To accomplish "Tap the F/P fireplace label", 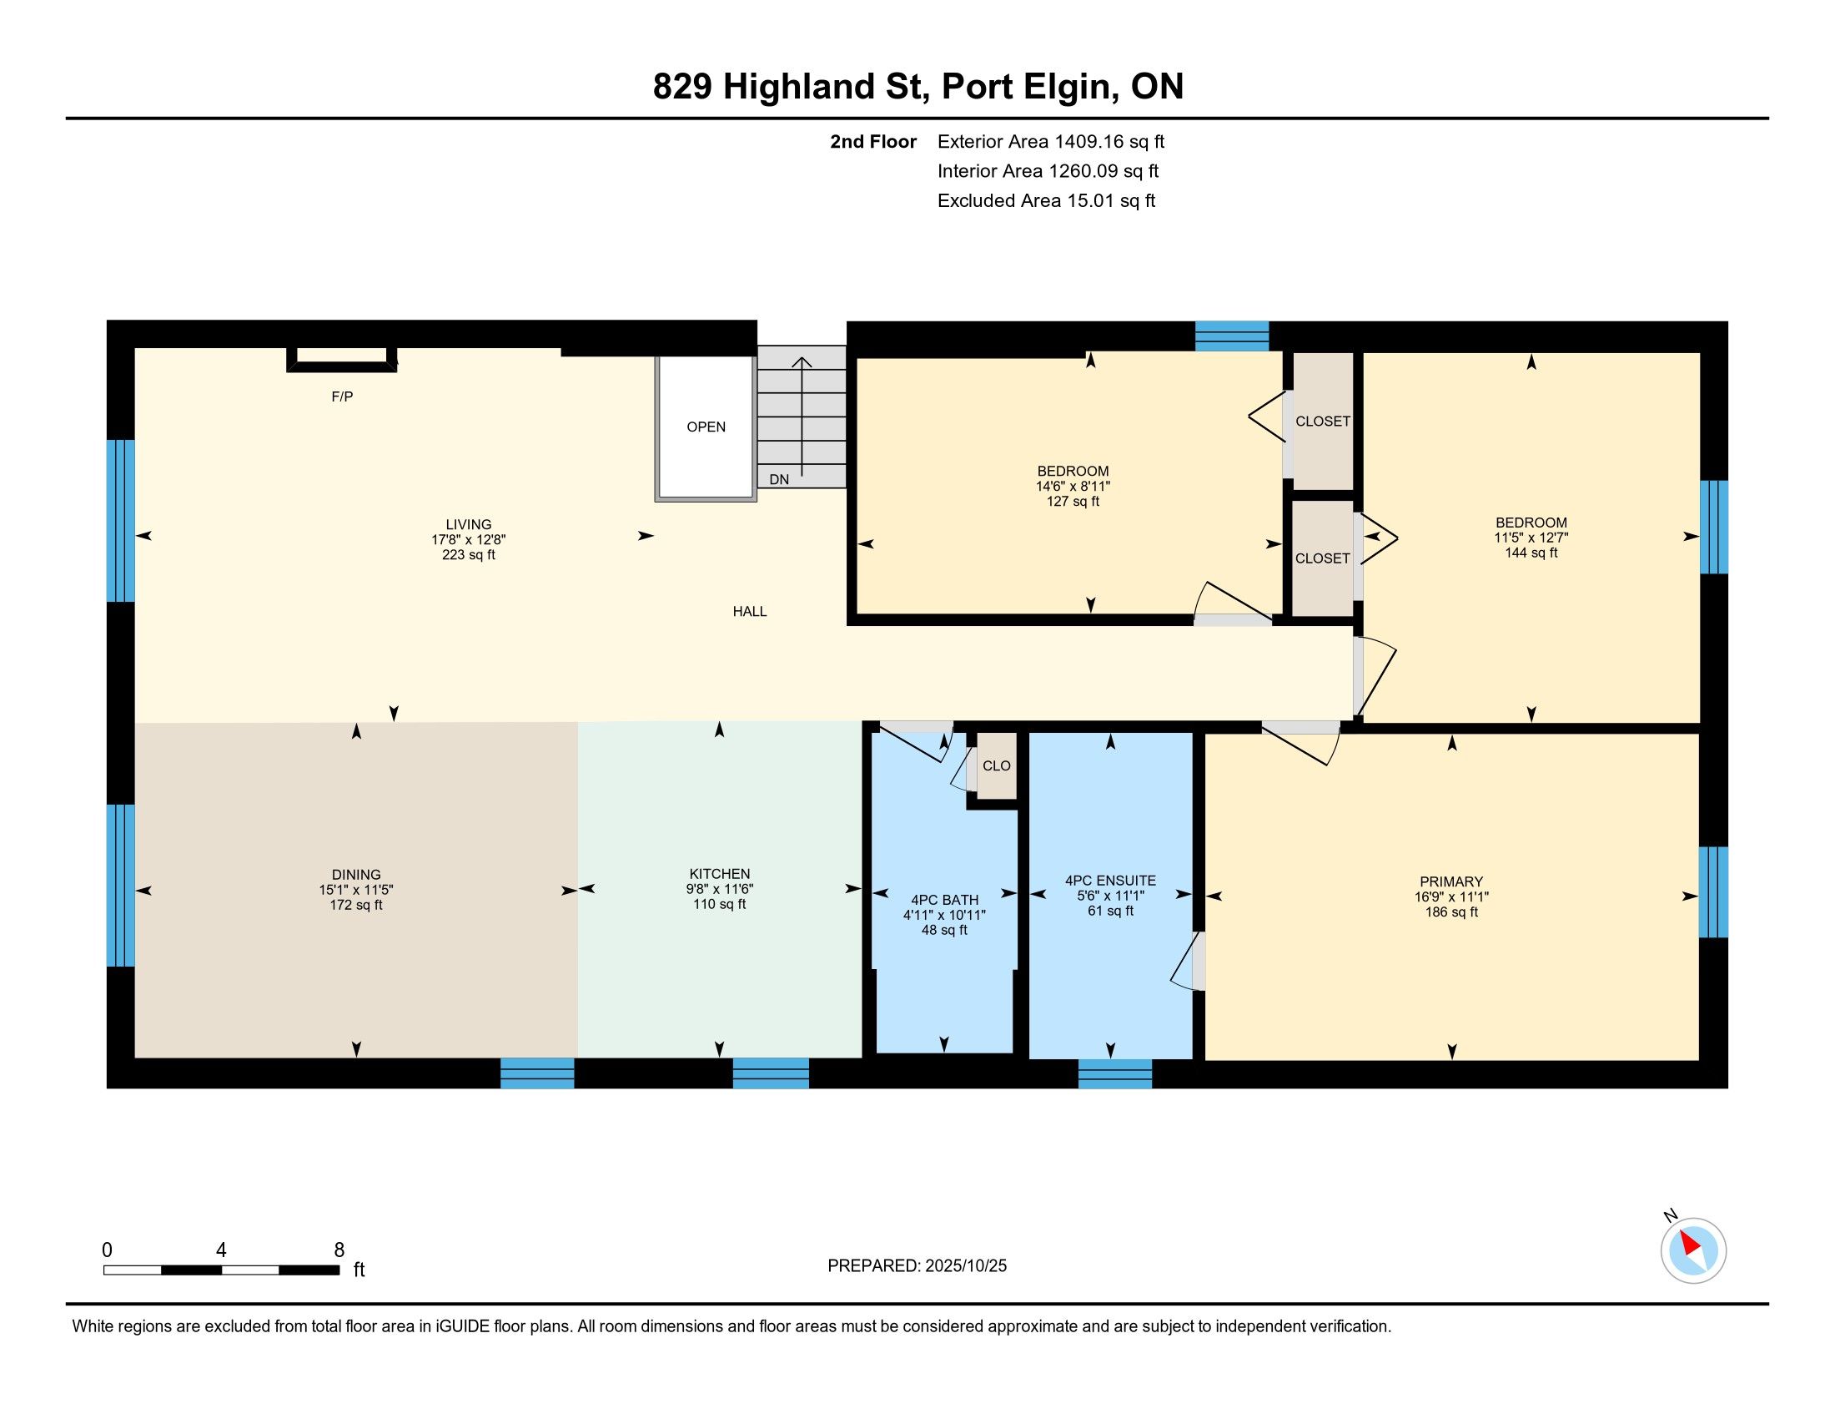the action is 342,396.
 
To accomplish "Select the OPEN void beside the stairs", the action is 706,427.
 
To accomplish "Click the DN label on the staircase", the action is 779,479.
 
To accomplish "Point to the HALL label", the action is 750,611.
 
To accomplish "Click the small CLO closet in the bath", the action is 997,765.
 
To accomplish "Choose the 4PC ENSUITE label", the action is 1111,880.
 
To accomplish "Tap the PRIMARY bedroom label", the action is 1451,881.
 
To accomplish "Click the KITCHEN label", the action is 719,873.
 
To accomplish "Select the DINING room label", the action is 356,874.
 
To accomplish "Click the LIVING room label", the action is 469,524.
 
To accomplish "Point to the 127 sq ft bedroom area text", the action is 1073,502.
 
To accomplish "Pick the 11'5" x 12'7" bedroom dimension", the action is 1531,538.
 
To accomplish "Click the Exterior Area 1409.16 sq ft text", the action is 1051,141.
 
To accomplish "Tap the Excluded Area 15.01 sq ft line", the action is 1046,200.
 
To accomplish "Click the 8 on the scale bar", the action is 339,1250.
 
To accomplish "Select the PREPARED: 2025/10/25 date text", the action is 917,1266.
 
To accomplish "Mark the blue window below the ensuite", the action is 1115,1074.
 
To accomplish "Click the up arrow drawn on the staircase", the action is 802,417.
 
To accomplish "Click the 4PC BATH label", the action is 944,900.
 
